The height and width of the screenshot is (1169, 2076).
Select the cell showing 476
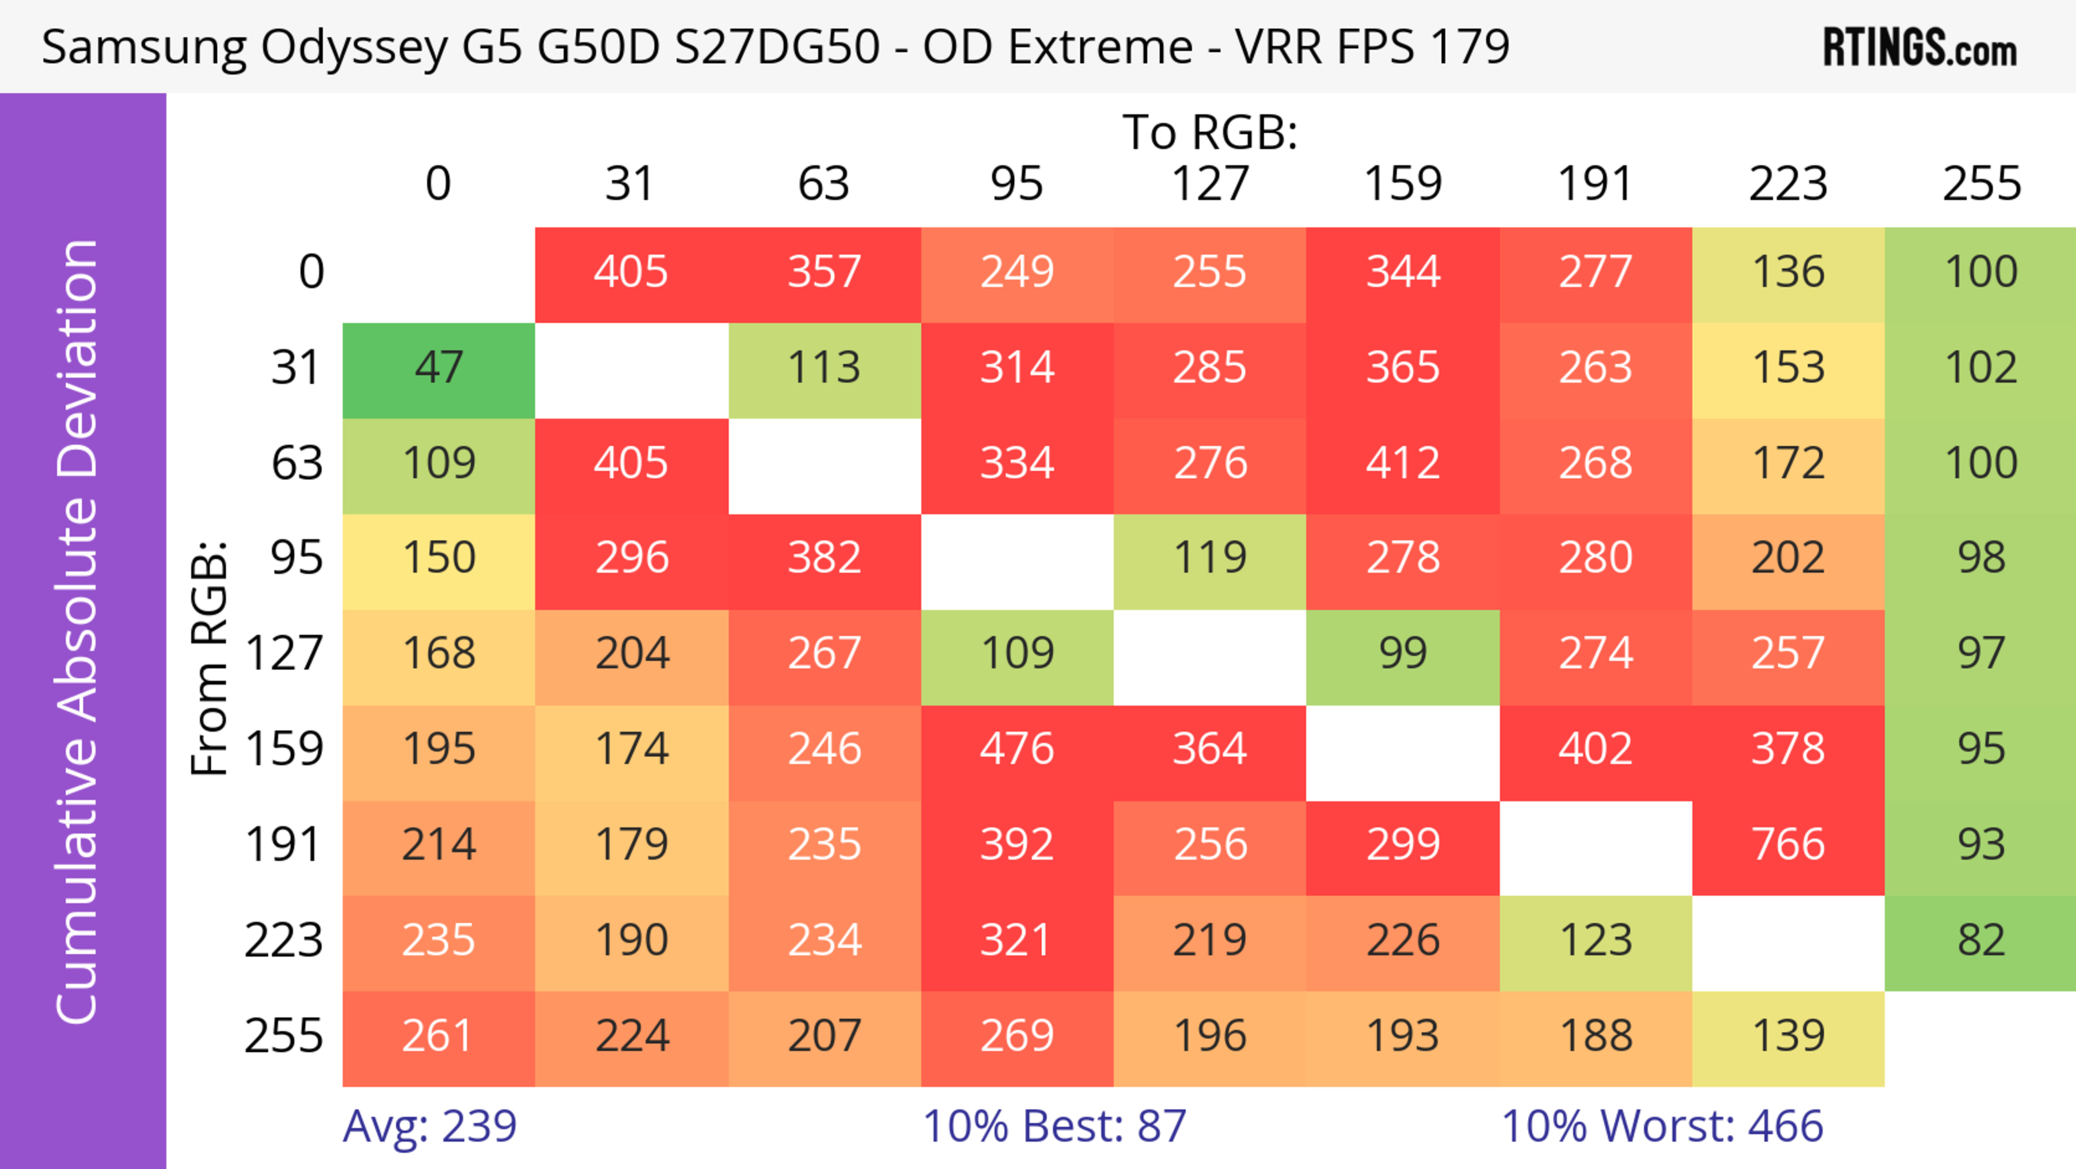tap(1016, 749)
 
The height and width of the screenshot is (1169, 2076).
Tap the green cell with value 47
tap(438, 368)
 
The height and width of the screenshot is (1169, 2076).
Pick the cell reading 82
tap(1981, 940)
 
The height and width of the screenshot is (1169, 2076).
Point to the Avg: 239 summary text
tap(430, 1126)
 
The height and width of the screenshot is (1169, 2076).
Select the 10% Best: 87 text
tap(1054, 1126)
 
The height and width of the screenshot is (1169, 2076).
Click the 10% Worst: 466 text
tap(1662, 1126)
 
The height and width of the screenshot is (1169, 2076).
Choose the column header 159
tap(1402, 184)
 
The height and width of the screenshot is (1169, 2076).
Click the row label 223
tap(284, 940)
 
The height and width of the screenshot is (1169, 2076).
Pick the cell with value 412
tap(1402, 463)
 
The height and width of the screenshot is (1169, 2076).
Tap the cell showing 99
tap(1402, 653)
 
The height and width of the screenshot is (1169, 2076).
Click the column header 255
tap(1981, 184)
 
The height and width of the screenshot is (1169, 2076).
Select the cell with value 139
tap(1787, 1036)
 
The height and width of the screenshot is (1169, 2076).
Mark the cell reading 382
tap(823, 558)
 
